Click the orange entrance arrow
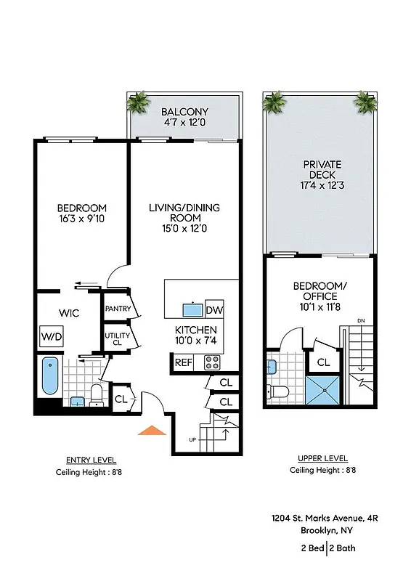(152, 430)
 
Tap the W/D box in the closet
(51, 337)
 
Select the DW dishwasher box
(214, 310)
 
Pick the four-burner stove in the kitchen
(212, 362)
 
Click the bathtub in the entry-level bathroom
(49, 375)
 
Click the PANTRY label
(117, 309)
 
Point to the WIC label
(69, 312)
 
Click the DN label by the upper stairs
(361, 321)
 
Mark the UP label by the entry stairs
(192, 440)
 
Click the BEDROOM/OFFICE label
(315, 291)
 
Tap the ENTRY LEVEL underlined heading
(91, 460)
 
